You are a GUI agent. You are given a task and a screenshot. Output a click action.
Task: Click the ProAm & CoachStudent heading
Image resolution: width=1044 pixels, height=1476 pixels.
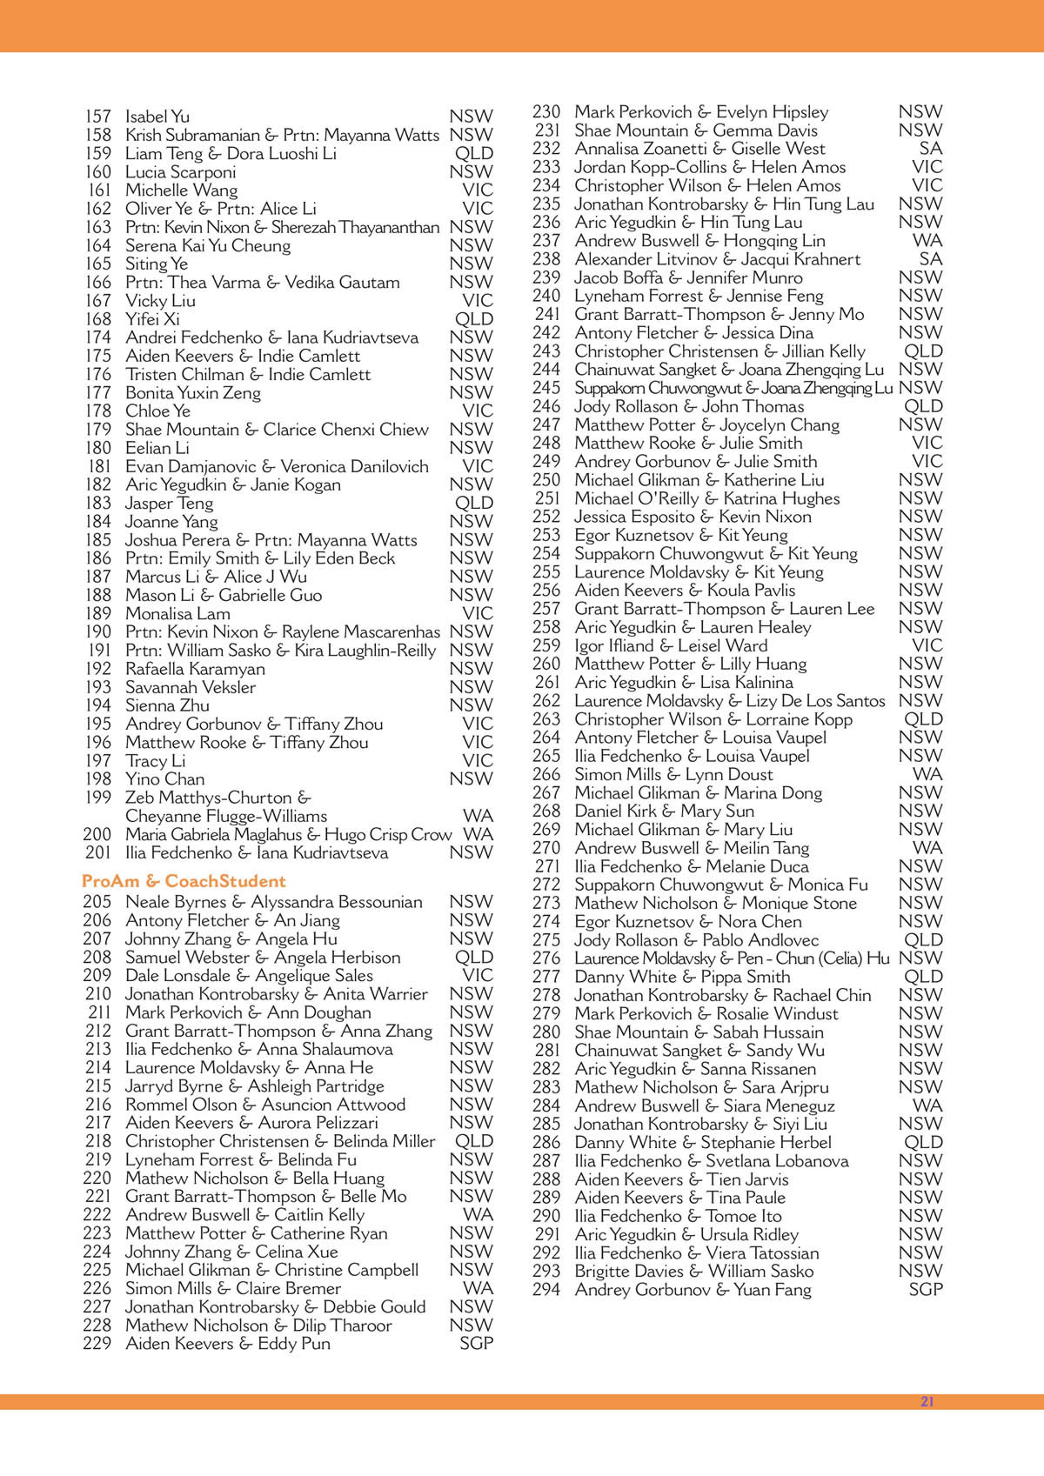pos(184,881)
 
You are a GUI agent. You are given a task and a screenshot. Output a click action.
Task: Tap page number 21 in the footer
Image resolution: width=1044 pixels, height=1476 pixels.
pos(927,1402)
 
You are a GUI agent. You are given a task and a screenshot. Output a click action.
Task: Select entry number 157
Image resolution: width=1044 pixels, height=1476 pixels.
pos(98,117)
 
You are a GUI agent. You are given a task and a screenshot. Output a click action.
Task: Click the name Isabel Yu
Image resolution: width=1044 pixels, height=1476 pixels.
pos(157,117)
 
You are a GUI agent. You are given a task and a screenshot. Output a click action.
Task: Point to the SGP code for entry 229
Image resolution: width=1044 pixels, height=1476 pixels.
pos(476,1344)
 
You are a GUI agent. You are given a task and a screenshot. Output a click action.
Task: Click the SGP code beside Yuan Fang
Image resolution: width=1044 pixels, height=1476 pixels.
pos(925,1290)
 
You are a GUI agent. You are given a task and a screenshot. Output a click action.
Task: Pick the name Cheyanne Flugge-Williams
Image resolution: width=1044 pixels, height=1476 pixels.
pos(226,817)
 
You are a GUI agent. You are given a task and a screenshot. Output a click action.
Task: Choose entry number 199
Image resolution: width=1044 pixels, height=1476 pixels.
pos(98,798)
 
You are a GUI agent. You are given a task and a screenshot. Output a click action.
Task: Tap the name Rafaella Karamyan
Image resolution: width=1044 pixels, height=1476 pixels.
pos(195,669)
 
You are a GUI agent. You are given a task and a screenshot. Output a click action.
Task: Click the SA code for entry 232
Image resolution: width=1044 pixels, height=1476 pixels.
pos(930,149)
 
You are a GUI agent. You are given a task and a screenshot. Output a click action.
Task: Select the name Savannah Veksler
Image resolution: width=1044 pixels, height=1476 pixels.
pos(191,687)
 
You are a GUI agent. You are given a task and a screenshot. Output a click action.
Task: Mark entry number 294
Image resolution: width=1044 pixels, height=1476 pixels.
pos(546,1290)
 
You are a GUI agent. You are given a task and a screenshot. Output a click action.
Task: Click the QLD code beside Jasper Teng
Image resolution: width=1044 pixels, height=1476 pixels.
pos(474,504)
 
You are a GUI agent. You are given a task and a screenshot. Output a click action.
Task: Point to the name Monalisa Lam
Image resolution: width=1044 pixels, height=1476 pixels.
pos(177,613)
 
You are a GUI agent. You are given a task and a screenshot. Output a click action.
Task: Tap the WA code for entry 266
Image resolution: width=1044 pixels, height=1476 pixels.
pos(927,774)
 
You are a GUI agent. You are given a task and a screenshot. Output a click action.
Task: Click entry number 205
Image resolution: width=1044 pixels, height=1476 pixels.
pos(97,902)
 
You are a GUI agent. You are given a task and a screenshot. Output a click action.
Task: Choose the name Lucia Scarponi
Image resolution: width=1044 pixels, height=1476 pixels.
pos(180,172)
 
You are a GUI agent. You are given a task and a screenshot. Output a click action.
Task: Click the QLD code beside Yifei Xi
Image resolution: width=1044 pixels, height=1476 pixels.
pos(474,319)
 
